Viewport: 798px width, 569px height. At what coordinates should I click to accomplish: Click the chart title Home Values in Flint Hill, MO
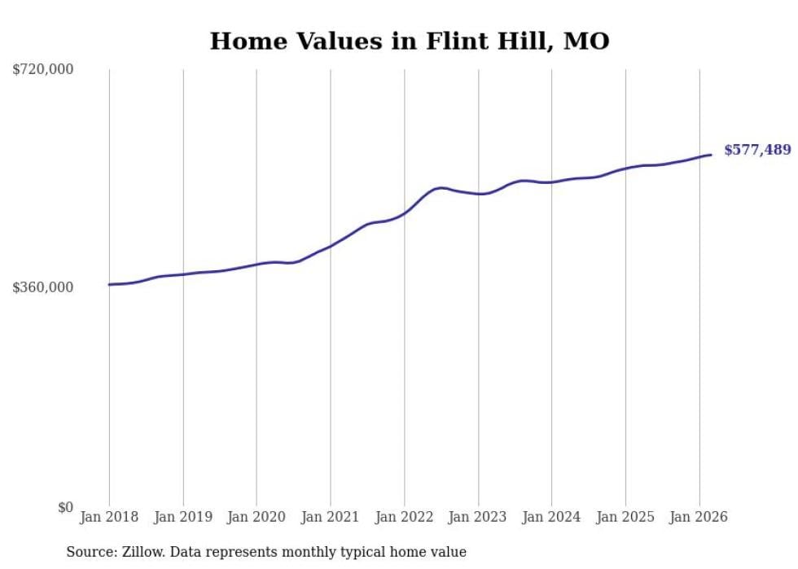pos(409,41)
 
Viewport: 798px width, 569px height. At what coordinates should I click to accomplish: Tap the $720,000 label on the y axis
pos(43,70)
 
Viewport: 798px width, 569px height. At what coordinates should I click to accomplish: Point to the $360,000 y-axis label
pos(43,287)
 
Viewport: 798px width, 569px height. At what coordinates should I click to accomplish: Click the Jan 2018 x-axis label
pos(109,517)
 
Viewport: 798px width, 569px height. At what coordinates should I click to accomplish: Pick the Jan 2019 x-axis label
pos(182,517)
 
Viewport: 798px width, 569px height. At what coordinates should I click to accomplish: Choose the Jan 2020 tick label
pos(256,517)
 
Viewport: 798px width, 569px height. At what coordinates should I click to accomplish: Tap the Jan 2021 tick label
pos(330,517)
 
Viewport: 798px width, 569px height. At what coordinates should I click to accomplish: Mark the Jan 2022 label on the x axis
pos(404,517)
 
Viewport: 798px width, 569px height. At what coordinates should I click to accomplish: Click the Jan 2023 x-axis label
pos(478,517)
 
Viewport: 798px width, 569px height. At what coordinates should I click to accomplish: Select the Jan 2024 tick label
pos(551,517)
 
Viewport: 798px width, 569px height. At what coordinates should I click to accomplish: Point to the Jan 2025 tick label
pos(625,517)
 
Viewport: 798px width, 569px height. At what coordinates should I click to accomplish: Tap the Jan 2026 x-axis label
pos(699,517)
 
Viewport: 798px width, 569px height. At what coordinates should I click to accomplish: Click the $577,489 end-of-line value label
pos(757,150)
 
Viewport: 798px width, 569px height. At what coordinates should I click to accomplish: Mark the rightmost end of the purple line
pos(712,155)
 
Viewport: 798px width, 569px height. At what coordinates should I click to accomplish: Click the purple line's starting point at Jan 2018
pos(109,284)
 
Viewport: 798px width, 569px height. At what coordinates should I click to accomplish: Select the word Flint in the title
pos(450,41)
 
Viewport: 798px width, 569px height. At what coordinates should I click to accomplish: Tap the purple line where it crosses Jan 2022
pos(404,213)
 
